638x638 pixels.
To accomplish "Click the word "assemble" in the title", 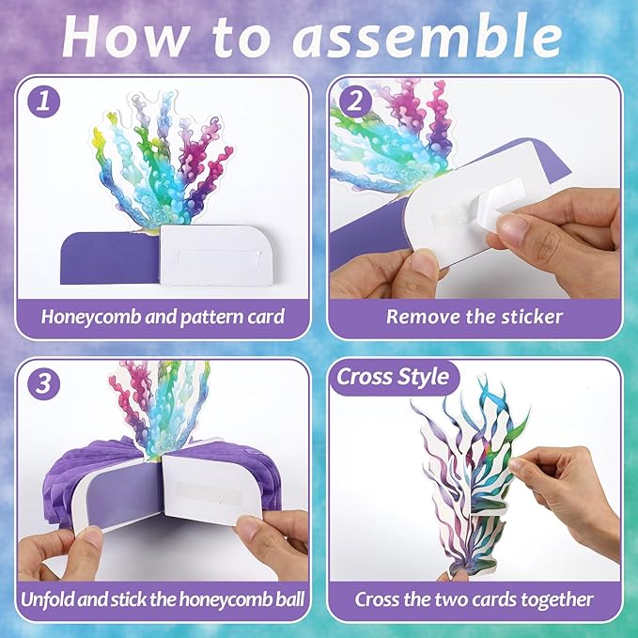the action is (x=428, y=38).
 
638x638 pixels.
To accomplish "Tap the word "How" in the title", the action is (x=123, y=38).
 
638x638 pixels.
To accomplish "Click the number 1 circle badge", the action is (x=44, y=101).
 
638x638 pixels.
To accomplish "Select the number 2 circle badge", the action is (x=355, y=101).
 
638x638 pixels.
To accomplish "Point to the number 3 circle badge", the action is (x=44, y=383).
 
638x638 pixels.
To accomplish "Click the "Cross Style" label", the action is (x=393, y=377).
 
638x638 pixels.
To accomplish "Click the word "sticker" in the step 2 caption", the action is (x=532, y=317).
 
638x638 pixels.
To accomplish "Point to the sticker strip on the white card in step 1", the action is (x=216, y=257).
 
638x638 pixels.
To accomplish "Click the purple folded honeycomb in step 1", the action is (x=110, y=258).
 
